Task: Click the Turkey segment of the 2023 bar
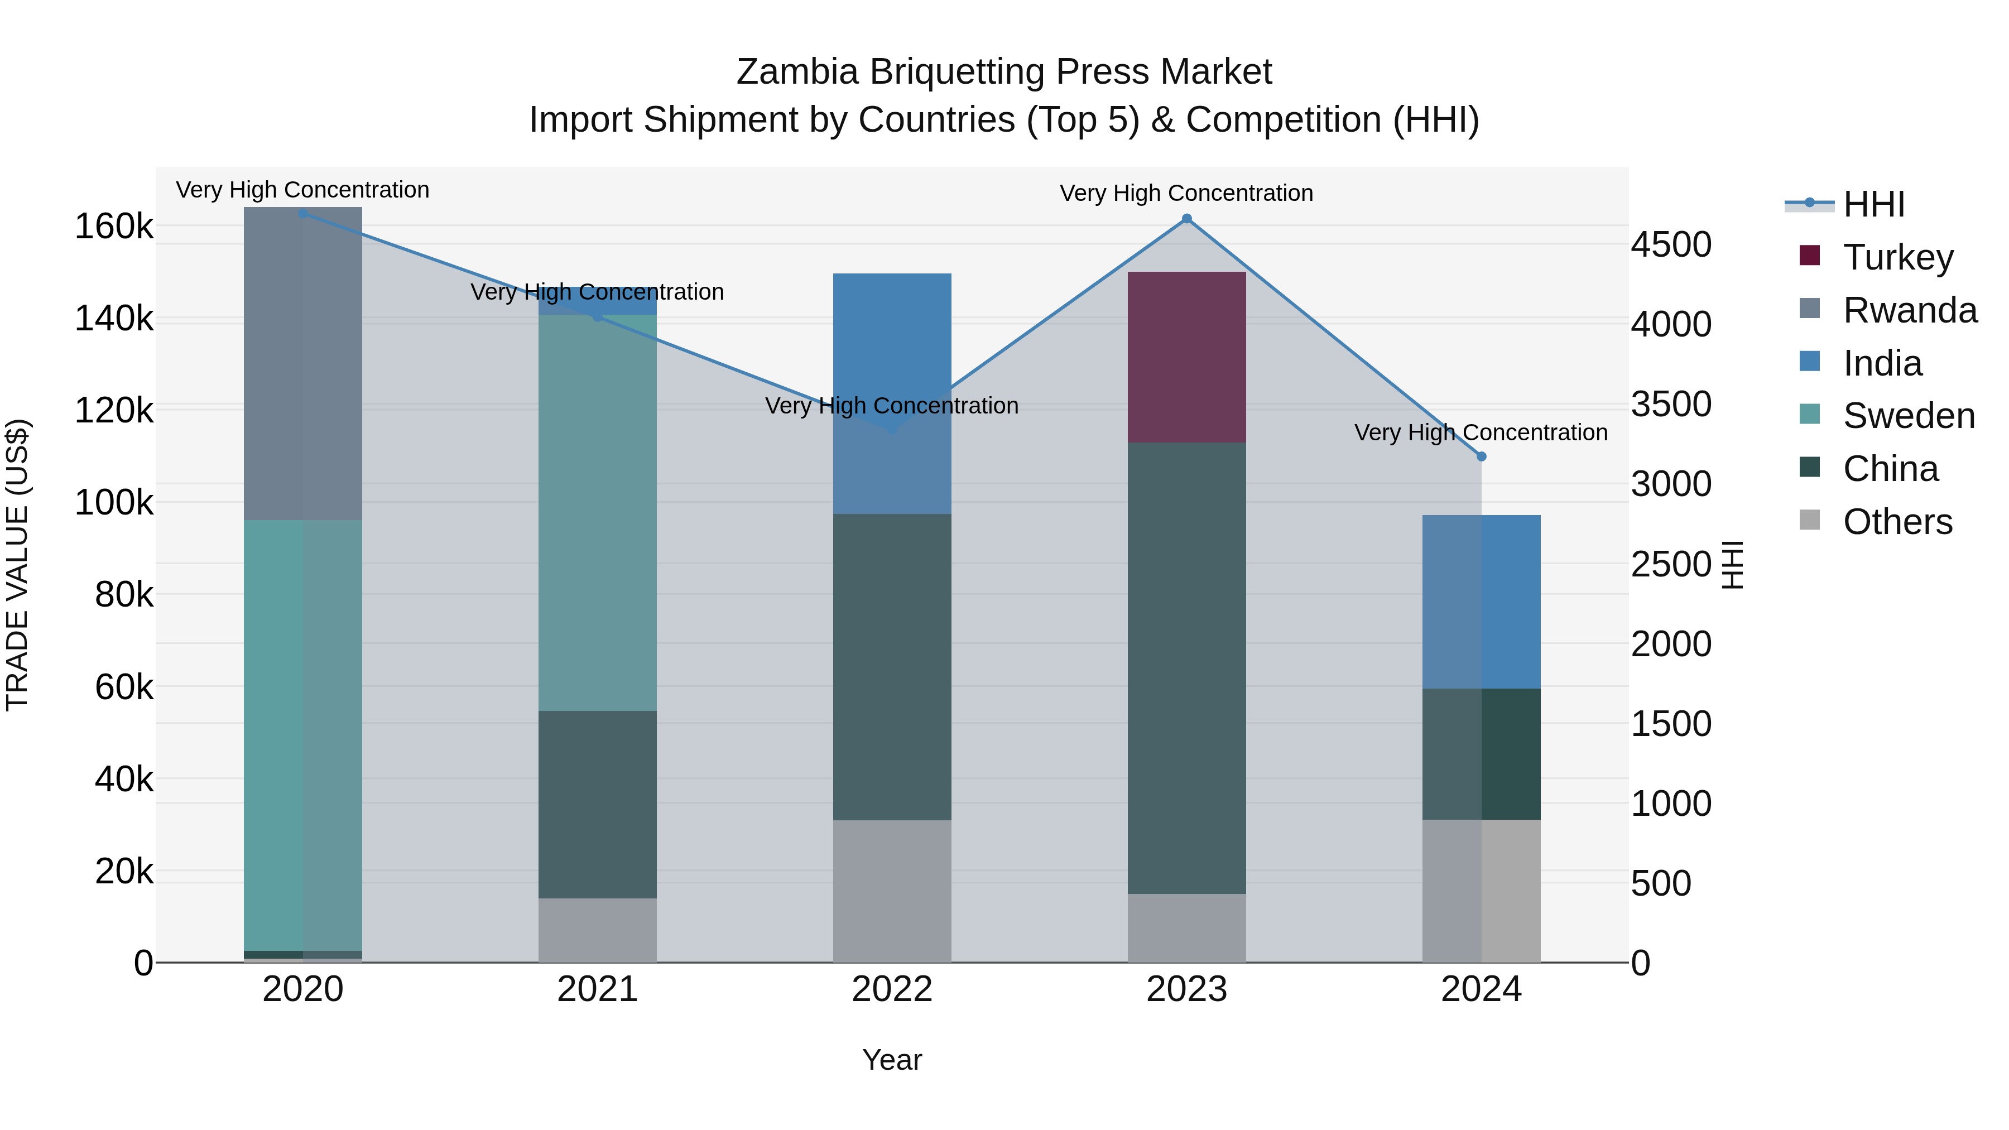point(1186,357)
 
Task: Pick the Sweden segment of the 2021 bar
point(597,512)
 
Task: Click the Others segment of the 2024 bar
point(1481,891)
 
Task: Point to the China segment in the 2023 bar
point(1186,667)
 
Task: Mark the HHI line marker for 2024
point(1481,457)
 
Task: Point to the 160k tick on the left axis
point(114,227)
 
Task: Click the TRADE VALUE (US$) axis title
point(19,565)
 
